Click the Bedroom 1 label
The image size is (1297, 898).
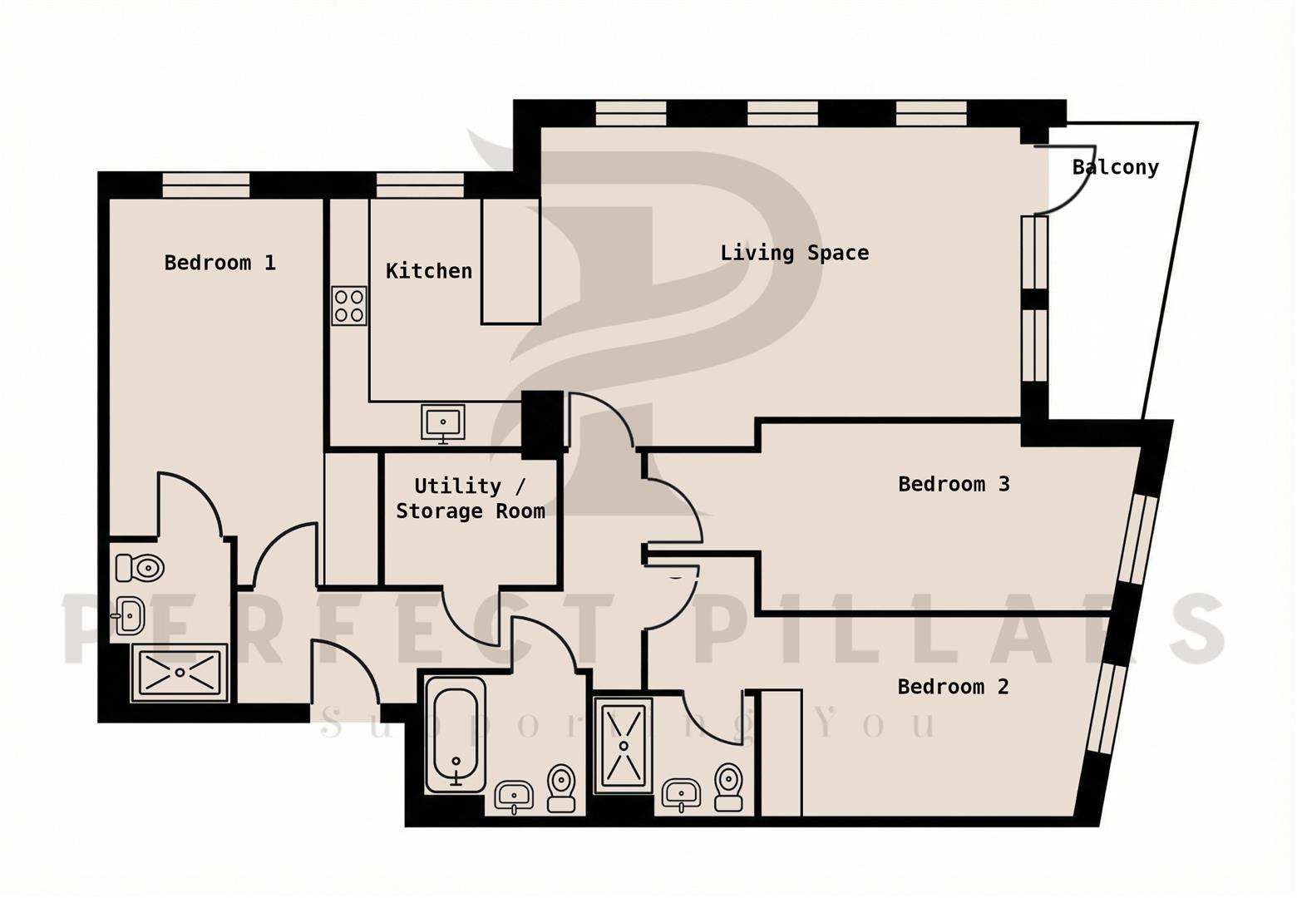220,263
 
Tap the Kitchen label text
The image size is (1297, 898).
429,271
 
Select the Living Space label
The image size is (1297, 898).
795,253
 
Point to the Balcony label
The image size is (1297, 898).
1115,167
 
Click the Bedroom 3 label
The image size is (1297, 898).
954,484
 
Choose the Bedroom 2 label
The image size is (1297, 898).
953,687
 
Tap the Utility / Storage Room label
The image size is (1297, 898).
471,499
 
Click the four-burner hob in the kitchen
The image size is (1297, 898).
349,306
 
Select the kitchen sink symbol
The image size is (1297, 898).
443,423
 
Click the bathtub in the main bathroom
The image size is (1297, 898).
456,735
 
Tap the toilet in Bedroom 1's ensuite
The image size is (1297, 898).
140,568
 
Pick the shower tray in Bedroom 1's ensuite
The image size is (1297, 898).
180,672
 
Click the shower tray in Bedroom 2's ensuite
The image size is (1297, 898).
623,745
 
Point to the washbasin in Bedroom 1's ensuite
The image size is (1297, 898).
128,616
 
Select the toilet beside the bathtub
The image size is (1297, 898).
561,788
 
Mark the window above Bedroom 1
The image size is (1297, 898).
205,185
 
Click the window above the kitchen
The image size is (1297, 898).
420,185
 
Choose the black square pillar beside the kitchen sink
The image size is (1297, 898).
542,425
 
